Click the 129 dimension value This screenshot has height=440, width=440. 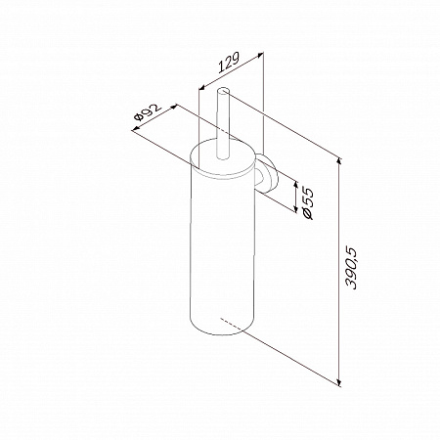[x=229, y=62]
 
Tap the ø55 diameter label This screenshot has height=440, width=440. [x=308, y=203]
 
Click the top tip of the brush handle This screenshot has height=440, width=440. [x=223, y=88]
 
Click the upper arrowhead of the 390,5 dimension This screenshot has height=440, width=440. [x=339, y=161]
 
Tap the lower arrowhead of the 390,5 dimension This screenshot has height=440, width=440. [x=339, y=383]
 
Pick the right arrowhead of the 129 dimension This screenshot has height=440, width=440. [x=260, y=55]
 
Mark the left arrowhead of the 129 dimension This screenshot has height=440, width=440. [x=201, y=87]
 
